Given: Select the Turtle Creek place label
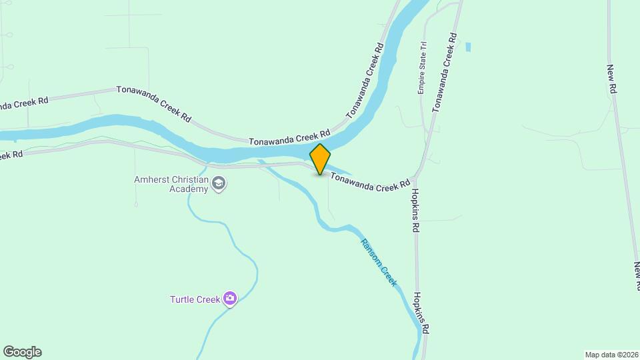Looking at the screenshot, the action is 195,299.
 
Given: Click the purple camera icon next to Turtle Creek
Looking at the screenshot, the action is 230,299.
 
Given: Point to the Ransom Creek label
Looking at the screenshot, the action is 379,263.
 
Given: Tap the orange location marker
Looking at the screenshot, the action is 321,159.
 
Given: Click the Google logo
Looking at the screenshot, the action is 22,352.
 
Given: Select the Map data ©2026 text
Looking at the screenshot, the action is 611,355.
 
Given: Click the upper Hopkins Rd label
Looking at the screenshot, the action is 415,209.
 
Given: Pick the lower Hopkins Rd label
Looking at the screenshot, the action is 421,313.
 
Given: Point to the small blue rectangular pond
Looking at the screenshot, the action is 469,47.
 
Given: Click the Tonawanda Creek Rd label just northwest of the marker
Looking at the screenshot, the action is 290,139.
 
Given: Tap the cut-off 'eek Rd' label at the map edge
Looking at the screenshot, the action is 11,155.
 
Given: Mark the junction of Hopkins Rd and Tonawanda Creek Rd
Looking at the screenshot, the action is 415,178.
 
